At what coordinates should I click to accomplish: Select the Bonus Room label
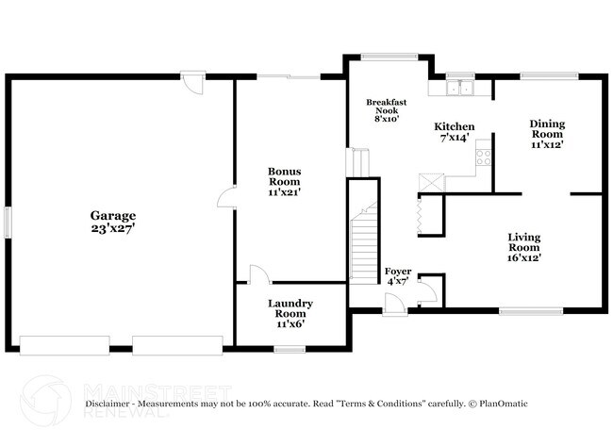pyautogui.click(x=284, y=176)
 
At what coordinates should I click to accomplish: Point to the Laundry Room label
pyautogui.click(x=290, y=308)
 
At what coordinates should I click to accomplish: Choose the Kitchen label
pyautogui.click(x=454, y=126)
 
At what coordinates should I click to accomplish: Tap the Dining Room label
pyautogui.click(x=547, y=128)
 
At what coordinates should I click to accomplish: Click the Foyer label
pyautogui.click(x=398, y=271)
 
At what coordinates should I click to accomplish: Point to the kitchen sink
pyautogui.click(x=461, y=88)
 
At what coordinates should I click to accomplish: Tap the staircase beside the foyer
pyautogui.click(x=363, y=245)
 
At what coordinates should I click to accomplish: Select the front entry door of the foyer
pyautogui.click(x=395, y=305)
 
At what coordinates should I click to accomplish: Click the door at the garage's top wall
pyautogui.click(x=194, y=83)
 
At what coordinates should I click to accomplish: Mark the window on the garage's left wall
pyautogui.click(x=8, y=222)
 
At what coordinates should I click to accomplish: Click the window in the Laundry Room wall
pyautogui.click(x=290, y=348)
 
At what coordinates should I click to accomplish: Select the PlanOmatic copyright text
pyautogui.click(x=499, y=404)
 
